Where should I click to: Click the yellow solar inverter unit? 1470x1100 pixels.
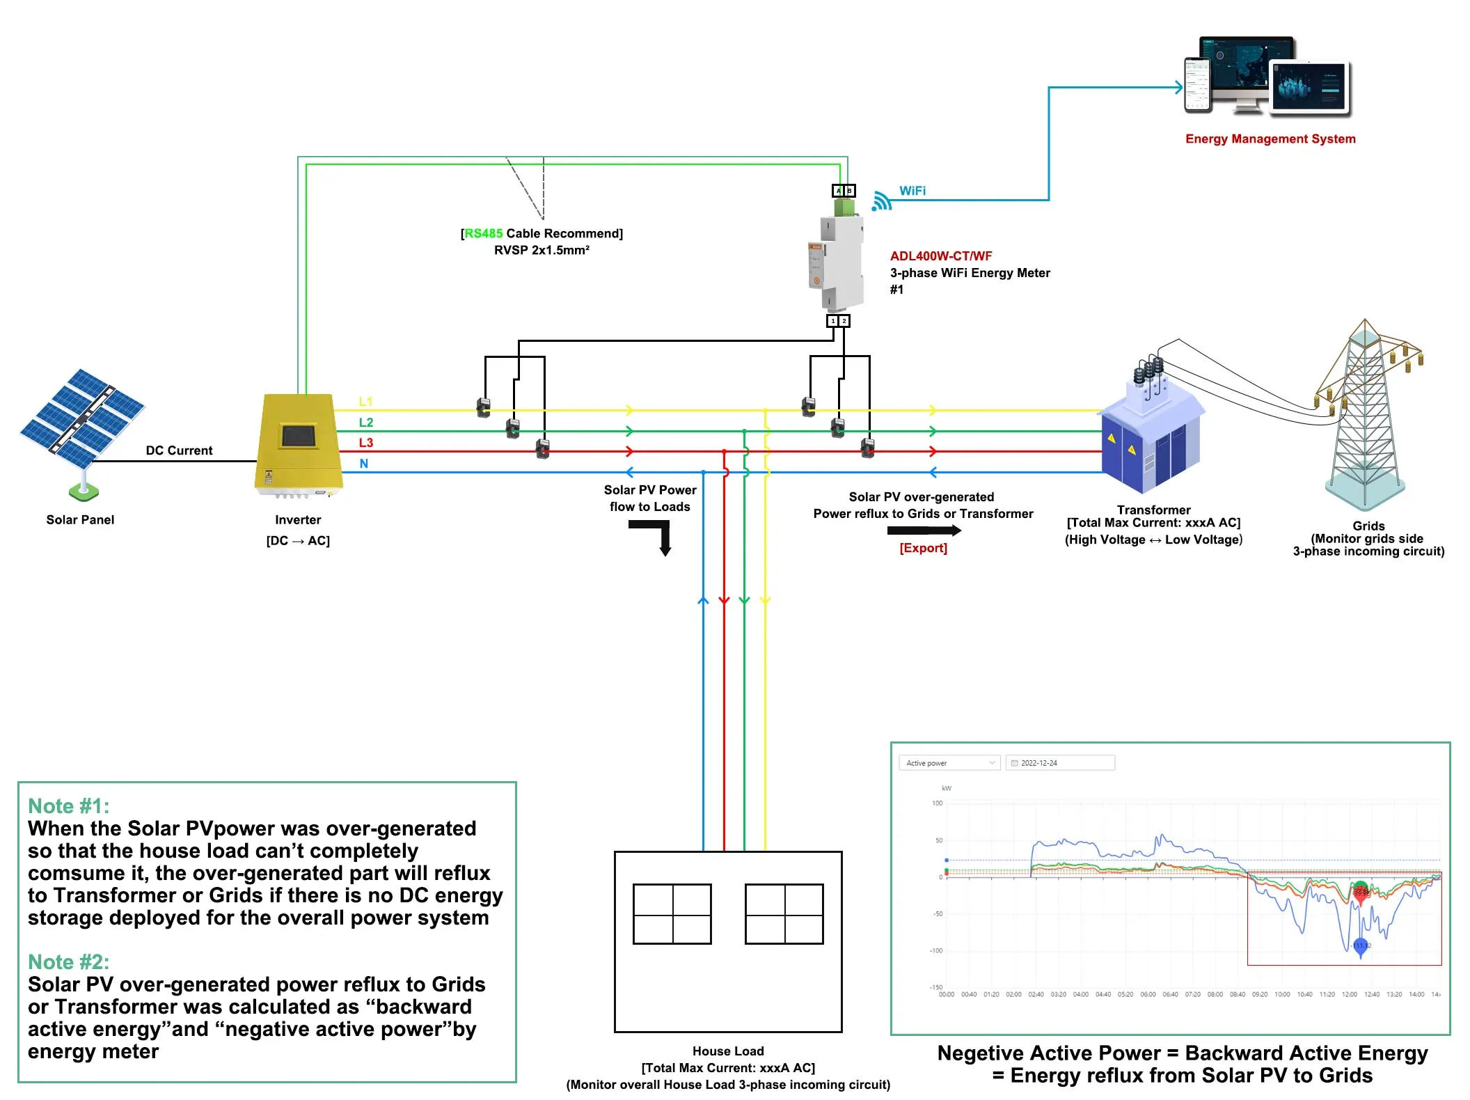[x=299, y=444]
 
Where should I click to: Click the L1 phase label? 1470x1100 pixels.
[x=365, y=402]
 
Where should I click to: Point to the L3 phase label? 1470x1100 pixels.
[x=365, y=443]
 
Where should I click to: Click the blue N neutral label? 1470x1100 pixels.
[x=363, y=464]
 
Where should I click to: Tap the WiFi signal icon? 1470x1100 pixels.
[x=881, y=201]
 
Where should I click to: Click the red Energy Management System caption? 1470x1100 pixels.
[x=1270, y=139]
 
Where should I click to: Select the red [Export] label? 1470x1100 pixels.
[x=923, y=549]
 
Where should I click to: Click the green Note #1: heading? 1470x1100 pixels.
[x=68, y=806]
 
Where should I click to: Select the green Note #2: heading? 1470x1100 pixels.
[x=68, y=962]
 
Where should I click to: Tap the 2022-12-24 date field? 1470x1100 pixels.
[x=1060, y=763]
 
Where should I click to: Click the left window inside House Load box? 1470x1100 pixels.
[x=672, y=914]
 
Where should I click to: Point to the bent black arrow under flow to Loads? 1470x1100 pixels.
[x=654, y=536]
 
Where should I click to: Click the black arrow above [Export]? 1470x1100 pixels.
[x=924, y=531]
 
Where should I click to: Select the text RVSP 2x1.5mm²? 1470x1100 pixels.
[x=542, y=251]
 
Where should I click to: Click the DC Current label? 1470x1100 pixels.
[x=179, y=451]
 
